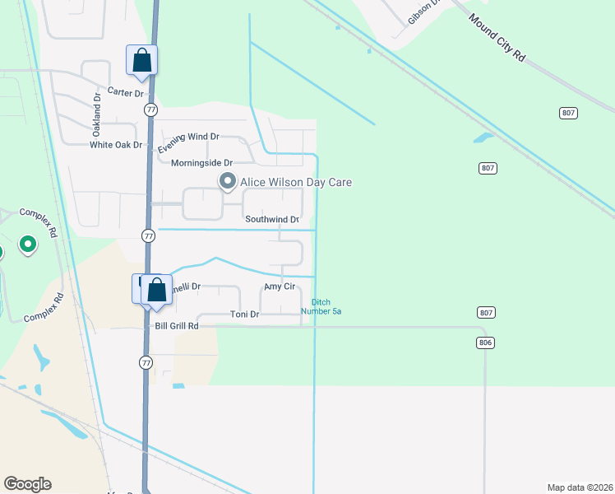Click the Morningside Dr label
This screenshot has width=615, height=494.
click(x=201, y=163)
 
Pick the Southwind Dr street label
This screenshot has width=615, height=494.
click(x=277, y=220)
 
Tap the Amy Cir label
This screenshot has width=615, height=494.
click(x=279, y=287)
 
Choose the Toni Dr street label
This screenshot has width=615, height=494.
click(x=244, y=315)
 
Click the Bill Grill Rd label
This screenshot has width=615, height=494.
click(x=177, y=326)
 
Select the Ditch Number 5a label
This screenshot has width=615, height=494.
click(x=321, y=307)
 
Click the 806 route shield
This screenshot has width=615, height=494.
click(x=485, y=342)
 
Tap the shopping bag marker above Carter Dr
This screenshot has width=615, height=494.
click(x=141, y=60)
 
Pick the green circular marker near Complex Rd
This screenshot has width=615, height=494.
click(x=28, y=245)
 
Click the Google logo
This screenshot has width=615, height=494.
click(x=27, y=484)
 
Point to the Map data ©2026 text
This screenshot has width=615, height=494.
click(x=580, y=487)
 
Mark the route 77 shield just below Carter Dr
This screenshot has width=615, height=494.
click(x=150, y=110)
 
